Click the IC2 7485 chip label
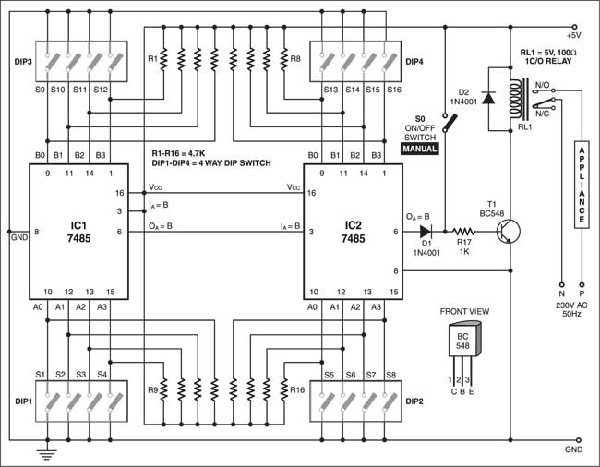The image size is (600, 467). pyautogui.click(x=352, y=230)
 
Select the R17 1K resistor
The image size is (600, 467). pyautogui.click(x=462, y=233)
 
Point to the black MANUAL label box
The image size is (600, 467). pyautogui.click(x=419, y=148)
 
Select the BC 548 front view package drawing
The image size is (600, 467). pyautogui.click(x=459, y=346)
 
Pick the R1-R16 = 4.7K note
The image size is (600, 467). pyautogui.click(x=184, y=152)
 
